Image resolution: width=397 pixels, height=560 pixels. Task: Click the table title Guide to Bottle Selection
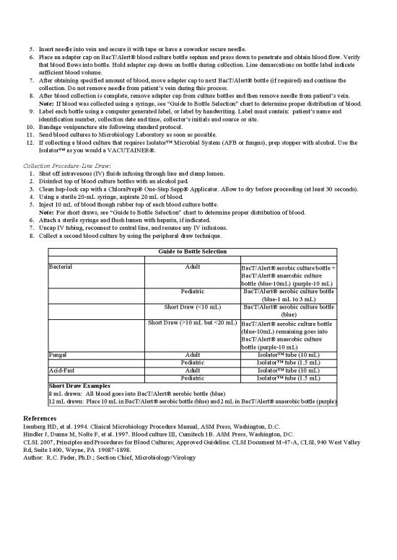point(193,252)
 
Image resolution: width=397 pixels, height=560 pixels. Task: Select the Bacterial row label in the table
point(60,267)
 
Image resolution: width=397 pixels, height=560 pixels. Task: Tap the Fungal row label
point(58,355)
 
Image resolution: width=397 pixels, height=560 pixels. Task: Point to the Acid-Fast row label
point(63,370)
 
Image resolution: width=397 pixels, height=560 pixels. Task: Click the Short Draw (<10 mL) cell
point(193,306)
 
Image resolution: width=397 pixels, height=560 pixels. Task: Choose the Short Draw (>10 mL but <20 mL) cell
point(193,322)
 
